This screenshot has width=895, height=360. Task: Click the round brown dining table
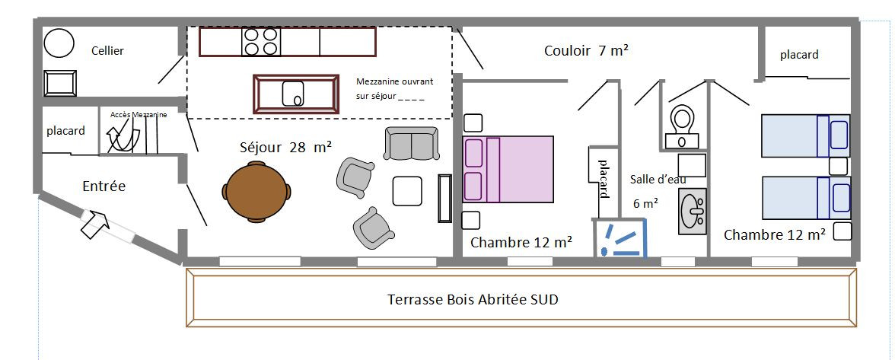click(256, 191)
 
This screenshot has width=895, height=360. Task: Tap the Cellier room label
click(107, 51)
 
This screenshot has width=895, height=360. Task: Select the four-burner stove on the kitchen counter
click(261, 42)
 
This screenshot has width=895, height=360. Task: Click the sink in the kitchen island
click(294, 94)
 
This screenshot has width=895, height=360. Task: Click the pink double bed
click(508, 169)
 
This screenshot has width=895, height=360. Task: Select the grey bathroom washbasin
click(693, 211)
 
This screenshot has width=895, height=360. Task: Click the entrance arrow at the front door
click(94, 224)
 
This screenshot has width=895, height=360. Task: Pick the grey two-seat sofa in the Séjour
click(412, 143)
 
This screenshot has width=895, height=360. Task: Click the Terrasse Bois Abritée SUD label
click(473, 300)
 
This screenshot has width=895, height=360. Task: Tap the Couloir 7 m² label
click(586, 51)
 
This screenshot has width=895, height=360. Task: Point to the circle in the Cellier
click(59, 42)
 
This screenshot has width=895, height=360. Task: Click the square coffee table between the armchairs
click(407, 191)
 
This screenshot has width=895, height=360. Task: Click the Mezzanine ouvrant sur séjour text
click(394, 89)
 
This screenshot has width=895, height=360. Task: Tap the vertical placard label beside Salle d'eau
click(603, 179)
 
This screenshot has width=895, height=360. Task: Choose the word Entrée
click(104, 186)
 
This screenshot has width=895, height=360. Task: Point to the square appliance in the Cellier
click(61, 83)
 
